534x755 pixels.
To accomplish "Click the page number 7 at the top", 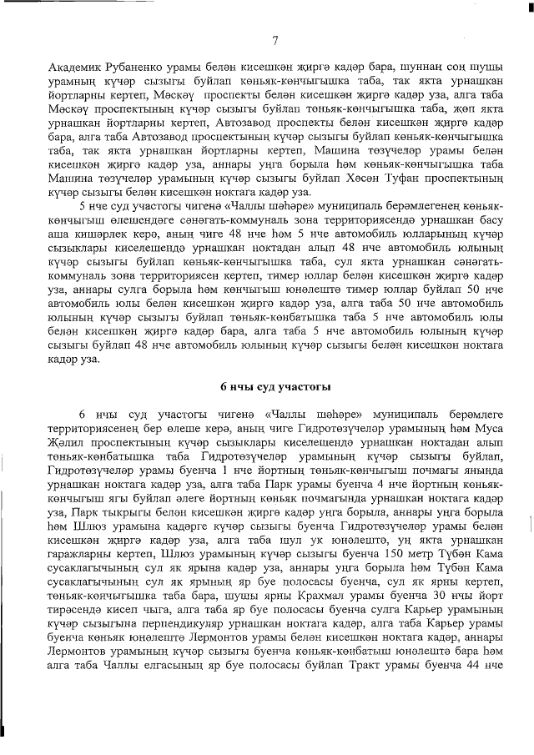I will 275,41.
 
